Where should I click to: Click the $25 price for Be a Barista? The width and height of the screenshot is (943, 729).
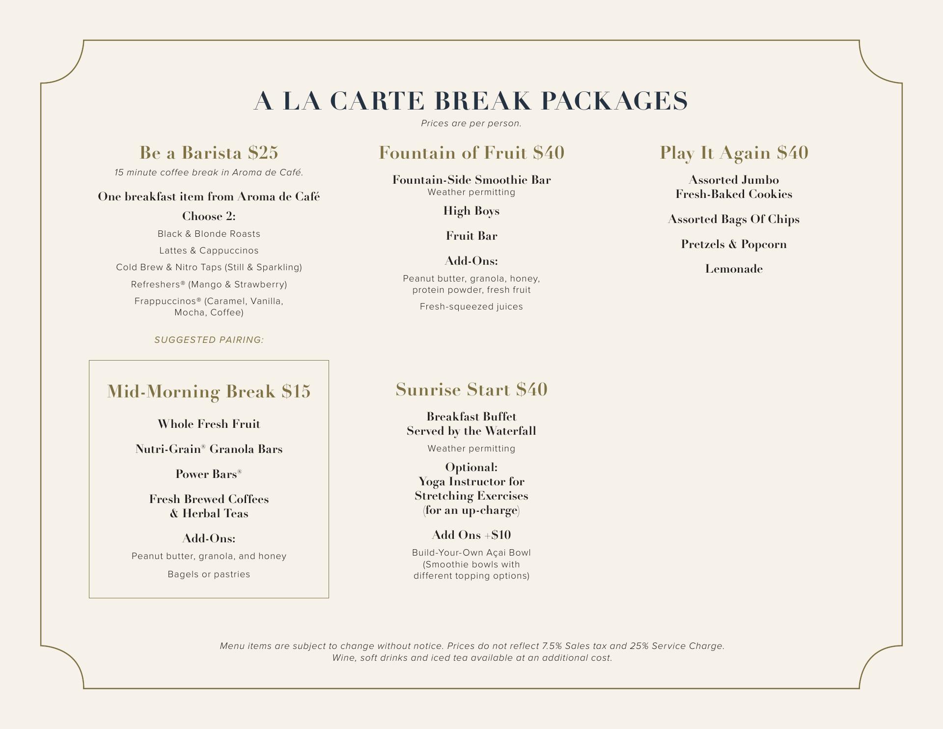(x=263, y=153)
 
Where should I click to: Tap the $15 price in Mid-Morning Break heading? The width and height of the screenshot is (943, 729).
(x=296, y=392)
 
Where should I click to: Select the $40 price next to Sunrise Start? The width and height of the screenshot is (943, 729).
(x=531, y=390)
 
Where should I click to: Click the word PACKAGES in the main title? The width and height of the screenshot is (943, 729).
(x=614, y=101)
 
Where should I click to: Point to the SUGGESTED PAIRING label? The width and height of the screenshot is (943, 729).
(x=209, y=340)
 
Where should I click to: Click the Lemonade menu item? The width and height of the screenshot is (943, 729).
(x=734, y=269)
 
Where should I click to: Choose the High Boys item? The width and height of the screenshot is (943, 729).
(x=471, y=211)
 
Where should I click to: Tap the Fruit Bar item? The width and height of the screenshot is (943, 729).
(x=471, y=236)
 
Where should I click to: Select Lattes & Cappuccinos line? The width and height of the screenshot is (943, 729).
(x=209, y=251)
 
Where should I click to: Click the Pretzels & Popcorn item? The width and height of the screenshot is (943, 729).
(x=734, y=244)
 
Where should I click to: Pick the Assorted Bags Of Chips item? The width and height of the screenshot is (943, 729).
(x=734, y=219)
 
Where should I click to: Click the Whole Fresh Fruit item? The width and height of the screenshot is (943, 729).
(x=209, y=424)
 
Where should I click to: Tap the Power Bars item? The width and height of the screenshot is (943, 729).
(x=209, y=474)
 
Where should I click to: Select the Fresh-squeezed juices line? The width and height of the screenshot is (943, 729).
(x=471, y=307)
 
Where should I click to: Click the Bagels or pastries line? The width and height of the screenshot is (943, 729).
(x=209, y=574)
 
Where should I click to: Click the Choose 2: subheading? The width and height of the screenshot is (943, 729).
(x=209, y=216)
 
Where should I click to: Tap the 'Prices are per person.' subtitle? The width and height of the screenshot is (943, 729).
(x=471, y=123)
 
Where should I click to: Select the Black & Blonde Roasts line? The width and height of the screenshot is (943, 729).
(x=209, y=234)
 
